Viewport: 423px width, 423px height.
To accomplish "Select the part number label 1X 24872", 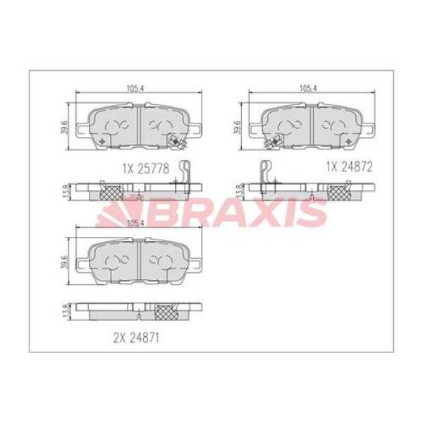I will [348, 166].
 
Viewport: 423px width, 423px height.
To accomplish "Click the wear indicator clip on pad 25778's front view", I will [177, 144].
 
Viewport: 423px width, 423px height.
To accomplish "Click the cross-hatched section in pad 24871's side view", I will [166, 311].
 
